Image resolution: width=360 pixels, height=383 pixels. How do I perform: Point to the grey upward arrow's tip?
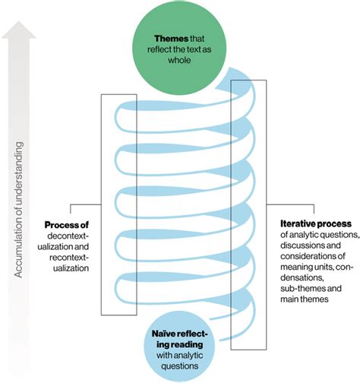[21, 22]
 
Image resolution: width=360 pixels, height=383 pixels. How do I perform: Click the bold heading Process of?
[67, 225]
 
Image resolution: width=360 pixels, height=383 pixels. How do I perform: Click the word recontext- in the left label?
[67, 258]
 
